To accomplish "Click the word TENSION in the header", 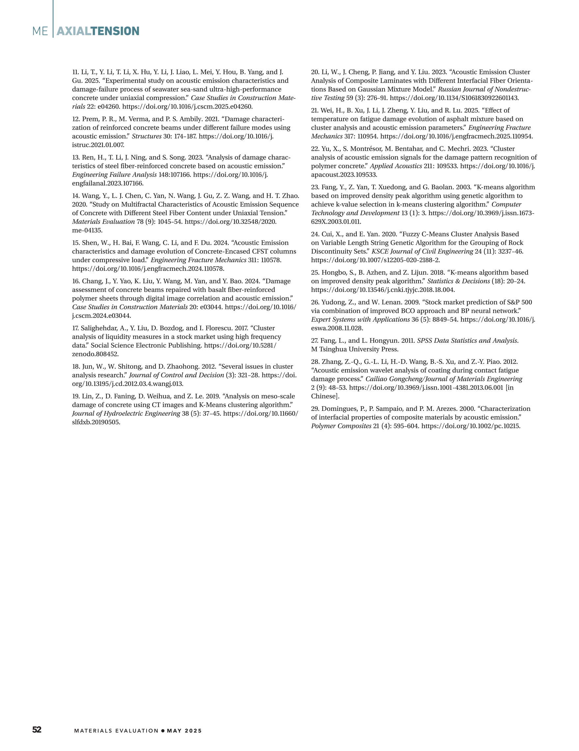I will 115,31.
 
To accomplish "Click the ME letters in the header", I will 40,31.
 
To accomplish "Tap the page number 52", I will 37,730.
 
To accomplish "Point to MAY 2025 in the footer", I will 184,731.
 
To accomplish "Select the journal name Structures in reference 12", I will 147,136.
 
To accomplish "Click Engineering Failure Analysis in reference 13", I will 114,175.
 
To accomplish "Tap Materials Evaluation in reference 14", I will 103,221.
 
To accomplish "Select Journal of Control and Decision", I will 176,375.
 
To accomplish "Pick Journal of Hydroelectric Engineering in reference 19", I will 126,413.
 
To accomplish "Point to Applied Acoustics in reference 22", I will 396,166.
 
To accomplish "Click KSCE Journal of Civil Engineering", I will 422,251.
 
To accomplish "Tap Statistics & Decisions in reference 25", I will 458,281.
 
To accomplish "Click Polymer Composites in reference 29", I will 341,426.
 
